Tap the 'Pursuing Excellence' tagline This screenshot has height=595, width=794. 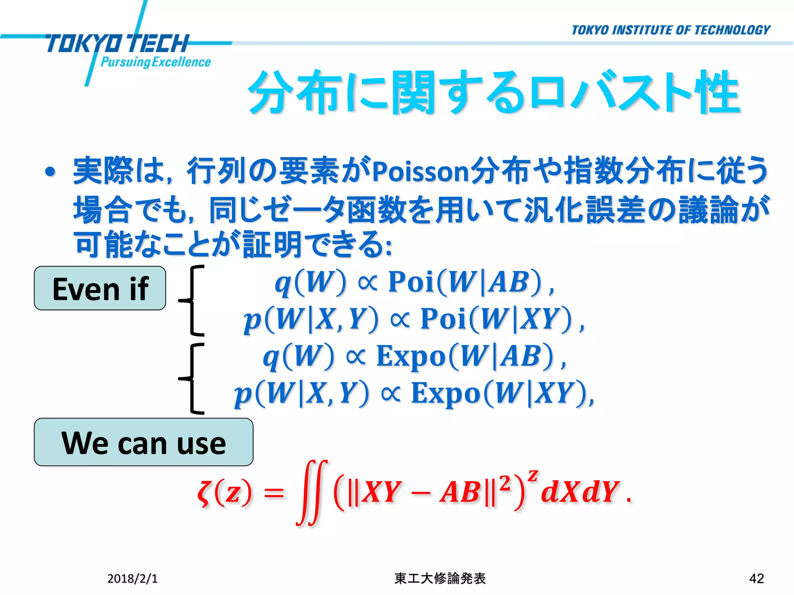(x=155, y=62)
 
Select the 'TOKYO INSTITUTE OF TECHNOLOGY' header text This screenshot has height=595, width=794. (x=671, y=30)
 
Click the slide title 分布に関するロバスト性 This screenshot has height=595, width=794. (x=494, y=93)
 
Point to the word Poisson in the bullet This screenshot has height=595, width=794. (x=421, y=172)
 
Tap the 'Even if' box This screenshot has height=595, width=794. (x=100, y=288)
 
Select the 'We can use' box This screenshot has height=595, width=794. (x=143, y=442)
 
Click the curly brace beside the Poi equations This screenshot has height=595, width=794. (x=192, y=300)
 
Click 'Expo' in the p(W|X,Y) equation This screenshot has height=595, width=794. (x=446, y=394)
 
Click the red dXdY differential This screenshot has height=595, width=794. (x=579, y=492)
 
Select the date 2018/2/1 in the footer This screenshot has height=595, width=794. (x=133, y=578)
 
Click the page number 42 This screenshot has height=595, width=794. (x=756, y=578)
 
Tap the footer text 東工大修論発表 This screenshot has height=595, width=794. (x=440, y=578)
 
